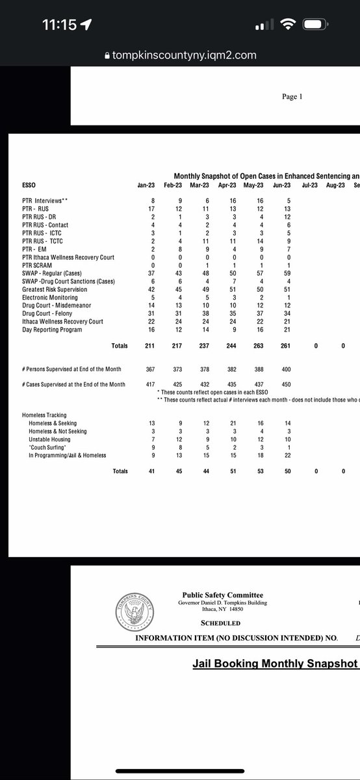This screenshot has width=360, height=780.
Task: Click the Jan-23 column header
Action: (x=145, y=185)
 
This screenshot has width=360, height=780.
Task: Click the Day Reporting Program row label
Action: (x=52, y=330)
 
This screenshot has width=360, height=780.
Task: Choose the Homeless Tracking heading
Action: (x=44, y=415)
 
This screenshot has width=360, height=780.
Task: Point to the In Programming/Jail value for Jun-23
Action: (x=283, y=455)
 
